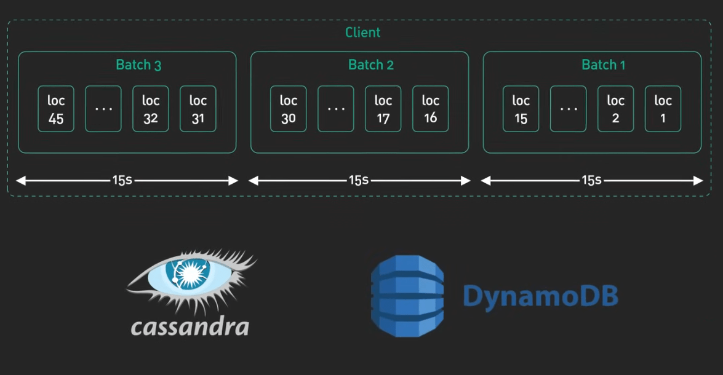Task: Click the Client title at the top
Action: tap(363, 32)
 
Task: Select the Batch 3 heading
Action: tap(138, 65)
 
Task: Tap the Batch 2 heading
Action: tap(371, 65)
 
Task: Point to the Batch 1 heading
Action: tap(604, 65)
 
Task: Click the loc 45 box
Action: tap(56, 109)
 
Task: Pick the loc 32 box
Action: tap(151, 109)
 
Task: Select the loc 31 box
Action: tap(198, 109)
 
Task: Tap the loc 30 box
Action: tap(288, 109)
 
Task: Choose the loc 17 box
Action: tap(383, 109)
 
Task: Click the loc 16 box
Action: tap(430, 109)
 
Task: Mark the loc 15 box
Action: tap(521, 109)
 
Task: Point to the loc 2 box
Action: tap(615, 109)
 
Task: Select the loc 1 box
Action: tap(663, 109)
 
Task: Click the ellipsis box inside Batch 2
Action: tap(336, 109)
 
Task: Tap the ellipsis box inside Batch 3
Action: tap(103, 109)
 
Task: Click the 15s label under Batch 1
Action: tap(591, 180)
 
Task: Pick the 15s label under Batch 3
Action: tap(122, 180)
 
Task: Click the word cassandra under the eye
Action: tap(190, 326)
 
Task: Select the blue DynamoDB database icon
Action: tap(407, 296)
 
